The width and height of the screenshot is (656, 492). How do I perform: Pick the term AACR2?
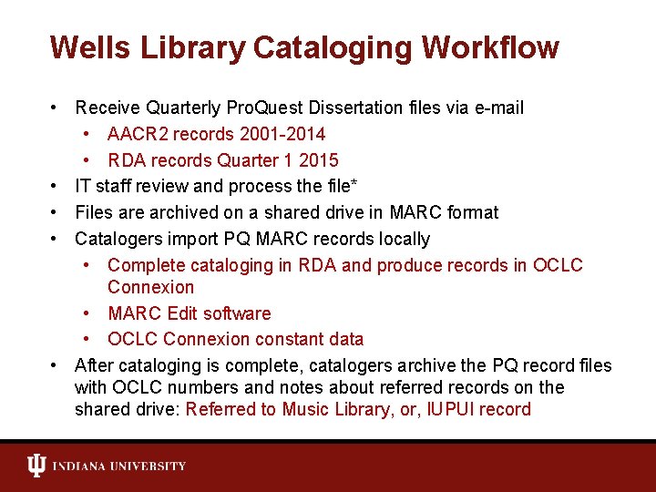coord(137,135)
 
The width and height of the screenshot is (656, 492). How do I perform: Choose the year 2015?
coord(319,161)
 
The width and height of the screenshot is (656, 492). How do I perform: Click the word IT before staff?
coord(82,187)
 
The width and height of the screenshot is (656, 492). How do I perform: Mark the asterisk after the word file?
coord(354,184)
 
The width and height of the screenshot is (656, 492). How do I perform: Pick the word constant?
coord(286,340)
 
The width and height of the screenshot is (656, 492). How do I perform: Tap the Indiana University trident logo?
coord(36,466)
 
